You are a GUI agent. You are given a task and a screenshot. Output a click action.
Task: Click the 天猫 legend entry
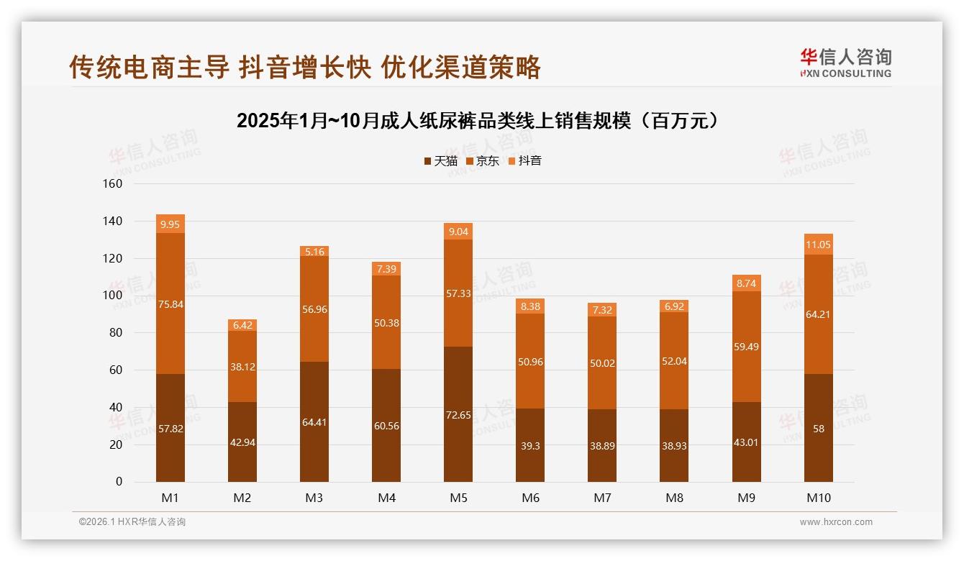point(440,161)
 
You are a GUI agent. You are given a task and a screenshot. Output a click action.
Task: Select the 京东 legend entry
point(483,161)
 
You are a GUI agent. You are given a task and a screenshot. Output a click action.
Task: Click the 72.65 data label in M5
point(458,415)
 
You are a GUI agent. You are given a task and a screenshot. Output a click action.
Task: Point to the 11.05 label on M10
point(819,245)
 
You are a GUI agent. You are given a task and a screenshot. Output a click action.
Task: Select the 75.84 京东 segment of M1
point(170,304)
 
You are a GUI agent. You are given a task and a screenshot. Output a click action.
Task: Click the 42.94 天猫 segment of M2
point(242,442)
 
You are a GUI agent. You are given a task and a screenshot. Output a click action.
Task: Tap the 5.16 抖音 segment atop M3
point(314,252)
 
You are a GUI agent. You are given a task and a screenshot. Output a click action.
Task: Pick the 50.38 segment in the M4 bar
point(386,323)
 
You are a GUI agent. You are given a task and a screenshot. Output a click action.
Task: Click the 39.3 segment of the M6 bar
point(530,445)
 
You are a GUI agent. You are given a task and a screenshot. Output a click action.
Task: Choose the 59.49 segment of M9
point(747,347)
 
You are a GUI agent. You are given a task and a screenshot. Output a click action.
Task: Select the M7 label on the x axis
point(602,498)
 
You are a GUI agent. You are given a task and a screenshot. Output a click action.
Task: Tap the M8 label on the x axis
point(674,498)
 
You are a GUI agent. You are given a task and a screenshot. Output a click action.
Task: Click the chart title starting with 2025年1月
point(478,121)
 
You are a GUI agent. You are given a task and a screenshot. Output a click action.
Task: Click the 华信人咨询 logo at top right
point(845,63)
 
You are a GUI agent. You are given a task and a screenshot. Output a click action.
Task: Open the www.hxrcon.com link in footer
point(836,522)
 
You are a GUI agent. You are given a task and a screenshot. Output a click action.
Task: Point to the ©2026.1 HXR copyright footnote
point(132,522)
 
